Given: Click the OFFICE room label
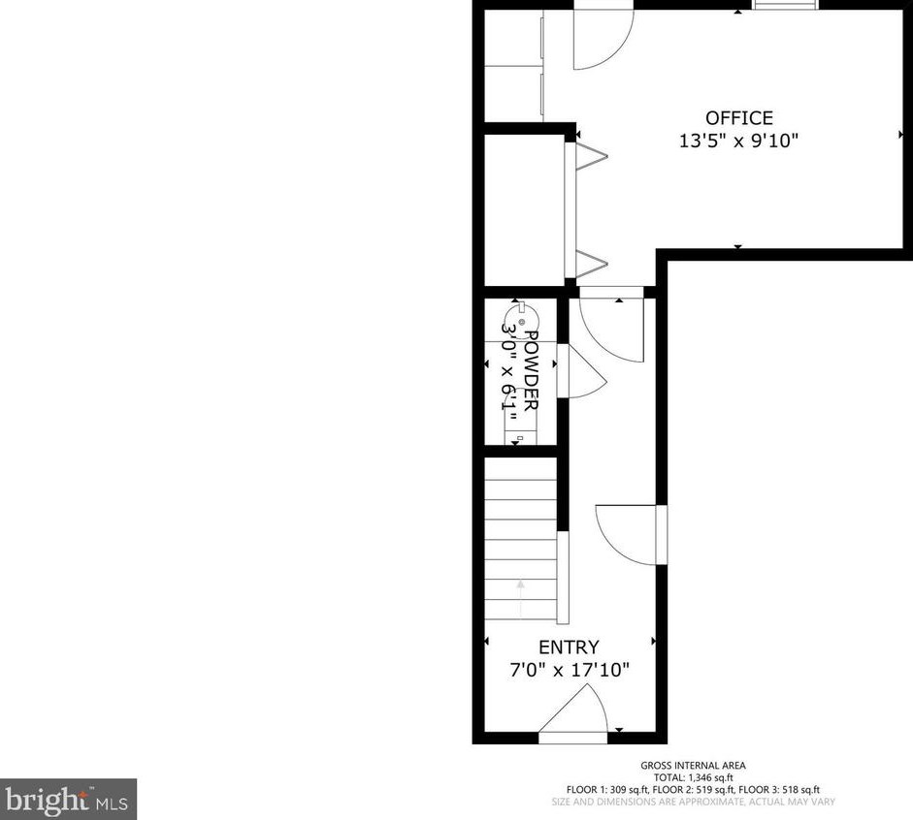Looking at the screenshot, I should (x=739, y=118).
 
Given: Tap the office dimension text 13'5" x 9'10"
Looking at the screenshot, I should (x=739, y=142).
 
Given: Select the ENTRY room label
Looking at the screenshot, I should (x=569, y=647).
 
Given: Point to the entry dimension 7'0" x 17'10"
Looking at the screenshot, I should (x=569, y=670).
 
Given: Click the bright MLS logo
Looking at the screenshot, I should (x=68, y=800).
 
